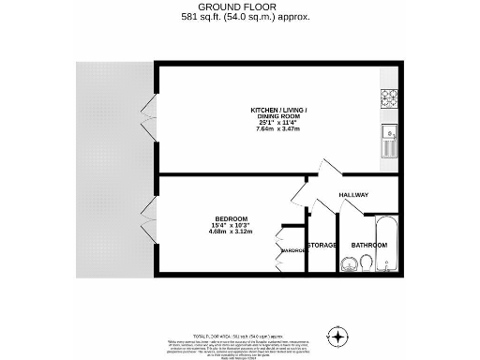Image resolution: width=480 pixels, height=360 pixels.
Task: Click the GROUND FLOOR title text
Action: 239,7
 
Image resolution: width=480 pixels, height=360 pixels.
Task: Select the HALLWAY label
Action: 353,195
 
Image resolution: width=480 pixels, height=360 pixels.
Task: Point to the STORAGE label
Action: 322,245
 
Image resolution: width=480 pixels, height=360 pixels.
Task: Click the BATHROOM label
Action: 368,245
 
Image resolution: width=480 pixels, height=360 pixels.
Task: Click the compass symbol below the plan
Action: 337,336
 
